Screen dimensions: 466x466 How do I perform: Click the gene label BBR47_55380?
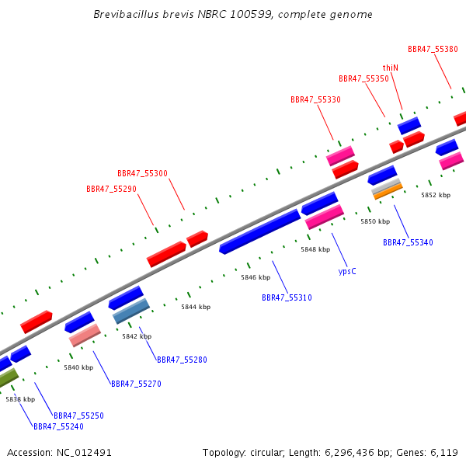pyautogui.click(x=433, y=49)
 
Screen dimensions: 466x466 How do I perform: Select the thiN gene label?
pyautogui.click(x=390, y=68)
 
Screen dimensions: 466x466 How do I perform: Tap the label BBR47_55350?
pyautogui.click(x=363, y=78)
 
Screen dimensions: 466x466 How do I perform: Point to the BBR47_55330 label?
pyautogui.click(x=315, y=99)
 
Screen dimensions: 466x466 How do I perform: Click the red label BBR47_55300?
pyautogui.click(x=142, y=173)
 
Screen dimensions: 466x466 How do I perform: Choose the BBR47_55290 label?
pyautogui.click(x=111, y=189)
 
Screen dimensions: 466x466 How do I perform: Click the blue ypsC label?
pyautogui.click(x=347, y=271)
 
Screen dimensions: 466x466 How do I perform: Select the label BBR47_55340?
pyautogui.click(x=408, y=242)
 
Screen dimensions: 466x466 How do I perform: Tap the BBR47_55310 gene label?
pyautogui.click(x=287, y=297)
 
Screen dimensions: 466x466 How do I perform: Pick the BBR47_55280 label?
pyautogui.click(x=182, y=360)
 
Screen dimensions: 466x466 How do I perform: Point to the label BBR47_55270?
pyautogui.click(x=136, y=384)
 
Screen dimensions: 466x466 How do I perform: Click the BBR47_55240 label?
pyautogui.click(x=58, y=426)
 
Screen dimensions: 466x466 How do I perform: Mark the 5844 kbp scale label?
pyautogui.click(x=196, y=307)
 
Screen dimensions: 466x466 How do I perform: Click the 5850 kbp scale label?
pyautogui.click(x=375, y=221)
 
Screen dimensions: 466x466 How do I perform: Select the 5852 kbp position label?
pyautogui.click(x=436, y=195)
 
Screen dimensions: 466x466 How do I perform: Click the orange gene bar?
pyautogui.click(x=388, y=192)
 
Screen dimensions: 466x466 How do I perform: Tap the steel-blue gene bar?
pyautogui.click(x=131, y=311)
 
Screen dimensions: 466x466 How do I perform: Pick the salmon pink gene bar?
pyautogui.click(x=85, y=336)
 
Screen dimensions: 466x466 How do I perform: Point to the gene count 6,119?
pyautogui.click(x=444, y=453)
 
